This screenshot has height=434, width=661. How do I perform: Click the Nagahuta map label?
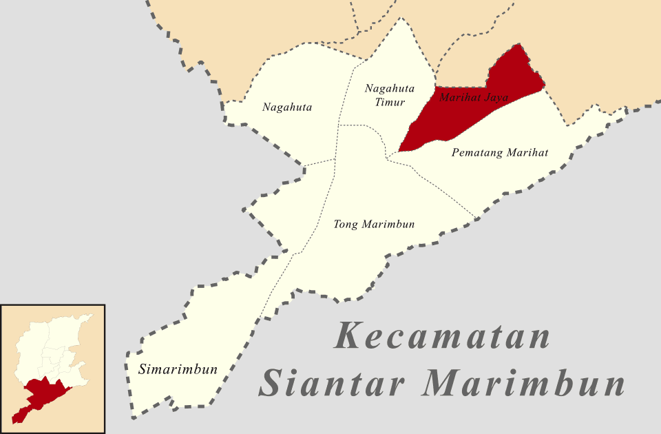(x=287, y=107)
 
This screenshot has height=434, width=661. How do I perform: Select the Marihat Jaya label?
(x=473, y=97)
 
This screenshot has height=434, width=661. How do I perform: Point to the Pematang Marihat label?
(x=500, y=152)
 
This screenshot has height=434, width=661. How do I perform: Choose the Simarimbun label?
(x=178, y=369)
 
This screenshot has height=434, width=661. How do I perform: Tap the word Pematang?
(x=476, y=152)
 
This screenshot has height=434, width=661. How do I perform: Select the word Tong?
(x=346, y=225)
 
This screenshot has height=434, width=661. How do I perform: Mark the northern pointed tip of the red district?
(x=517, y=46)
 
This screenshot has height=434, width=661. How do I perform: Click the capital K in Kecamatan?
(x=349, y=336)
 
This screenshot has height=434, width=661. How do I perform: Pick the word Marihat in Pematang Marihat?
(x=527, y=152)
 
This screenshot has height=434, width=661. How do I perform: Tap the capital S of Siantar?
(x=275, y=383)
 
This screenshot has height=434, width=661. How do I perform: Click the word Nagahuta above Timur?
(x=390, y=88)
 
